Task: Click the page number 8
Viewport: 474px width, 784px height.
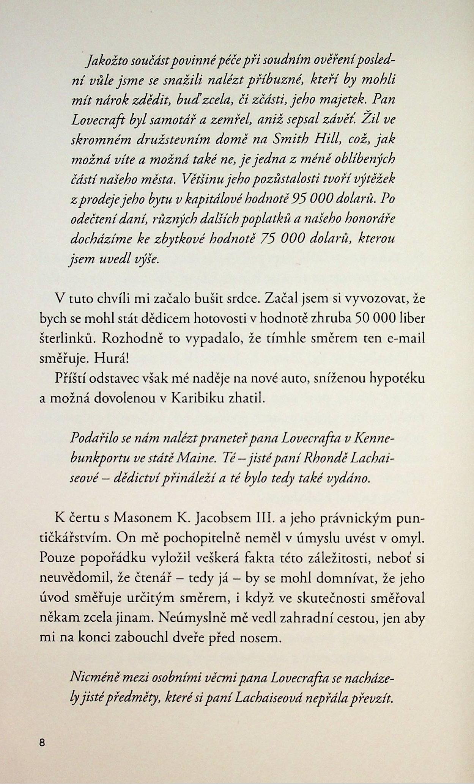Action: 42,742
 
